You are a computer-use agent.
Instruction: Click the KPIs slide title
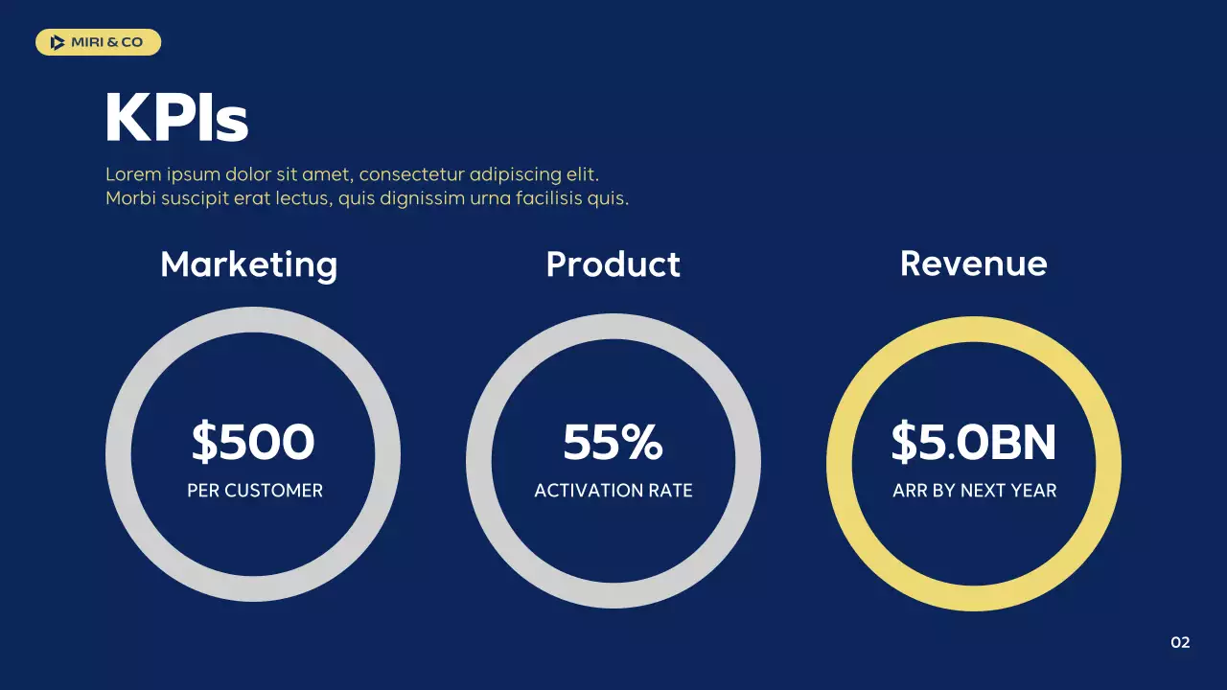176,119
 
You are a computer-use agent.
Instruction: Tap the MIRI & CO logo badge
98,42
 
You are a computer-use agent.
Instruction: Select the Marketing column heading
249,264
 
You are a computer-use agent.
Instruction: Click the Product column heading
613,264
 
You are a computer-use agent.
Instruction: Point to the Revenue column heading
973,264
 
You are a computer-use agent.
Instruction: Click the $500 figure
253,442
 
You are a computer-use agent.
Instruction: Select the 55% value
613,442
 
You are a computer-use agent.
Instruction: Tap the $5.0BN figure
973,442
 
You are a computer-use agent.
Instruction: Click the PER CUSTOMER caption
255,491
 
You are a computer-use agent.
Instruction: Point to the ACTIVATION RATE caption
613,491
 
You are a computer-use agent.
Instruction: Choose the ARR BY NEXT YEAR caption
974,491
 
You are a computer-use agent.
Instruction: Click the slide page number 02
1180,642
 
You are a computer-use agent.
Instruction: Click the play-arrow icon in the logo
58,42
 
